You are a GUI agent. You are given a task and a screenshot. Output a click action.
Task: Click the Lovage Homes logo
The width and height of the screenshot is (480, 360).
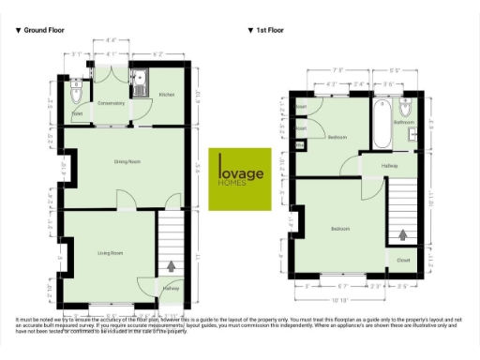[239, 178]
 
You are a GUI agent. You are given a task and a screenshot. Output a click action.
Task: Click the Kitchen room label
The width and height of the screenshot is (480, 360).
[167, 95]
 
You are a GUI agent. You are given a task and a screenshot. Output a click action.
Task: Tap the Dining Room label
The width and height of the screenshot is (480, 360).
[127, 162]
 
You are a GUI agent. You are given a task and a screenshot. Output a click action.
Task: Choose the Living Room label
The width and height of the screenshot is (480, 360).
[112, 253]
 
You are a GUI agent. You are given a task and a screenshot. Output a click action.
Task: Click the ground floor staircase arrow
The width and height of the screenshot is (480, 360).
[171, 266]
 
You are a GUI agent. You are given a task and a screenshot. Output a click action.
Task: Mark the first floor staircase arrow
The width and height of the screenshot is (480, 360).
[404, 236]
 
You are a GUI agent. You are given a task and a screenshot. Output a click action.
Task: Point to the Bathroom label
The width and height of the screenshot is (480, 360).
[404, 123]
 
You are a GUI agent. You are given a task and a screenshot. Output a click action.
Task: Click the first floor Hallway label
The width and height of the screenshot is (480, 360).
[389, 167]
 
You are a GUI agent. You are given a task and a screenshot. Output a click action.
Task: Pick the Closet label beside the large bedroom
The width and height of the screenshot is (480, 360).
[403, 260]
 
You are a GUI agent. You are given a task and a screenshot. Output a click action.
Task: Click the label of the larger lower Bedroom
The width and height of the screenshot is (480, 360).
[340, 229]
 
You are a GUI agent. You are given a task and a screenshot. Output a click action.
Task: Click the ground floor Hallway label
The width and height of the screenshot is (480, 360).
[170, 289]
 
